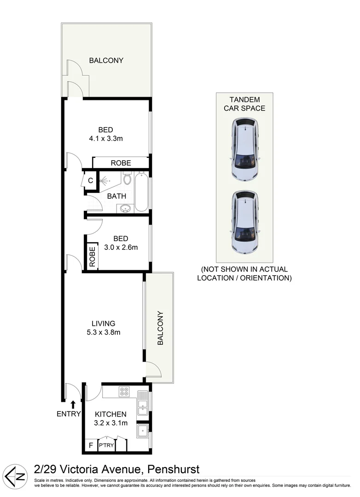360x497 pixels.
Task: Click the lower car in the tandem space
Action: pyautogui.click(x=245, y=222)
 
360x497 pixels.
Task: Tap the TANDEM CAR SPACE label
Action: pyautogui.click(x=244, y=104)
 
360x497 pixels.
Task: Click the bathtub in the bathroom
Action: pyautogui.click(x=142, y=191)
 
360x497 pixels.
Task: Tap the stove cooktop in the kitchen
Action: pyautogui.click(x=124, y=392)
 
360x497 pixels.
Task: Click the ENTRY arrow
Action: pyautogui.click(x=73, y=405)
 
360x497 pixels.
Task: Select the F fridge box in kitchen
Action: pyautogui.click(x=90, y=445)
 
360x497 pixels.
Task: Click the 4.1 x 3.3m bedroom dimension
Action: pyautogui.click(x=105, y=138)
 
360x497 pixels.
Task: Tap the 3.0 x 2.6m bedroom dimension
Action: pyautogui.click(x=120, y=247)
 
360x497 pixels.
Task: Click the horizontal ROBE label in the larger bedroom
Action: pyautogui.click(x=121, y=163)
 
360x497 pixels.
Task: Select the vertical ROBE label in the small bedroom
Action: pyautogui.click(x=92, y=257)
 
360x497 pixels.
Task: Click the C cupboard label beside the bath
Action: pyautogui.click(x=90, y=180)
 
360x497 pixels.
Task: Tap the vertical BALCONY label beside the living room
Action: pyautogui.click(x=160, y=328)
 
